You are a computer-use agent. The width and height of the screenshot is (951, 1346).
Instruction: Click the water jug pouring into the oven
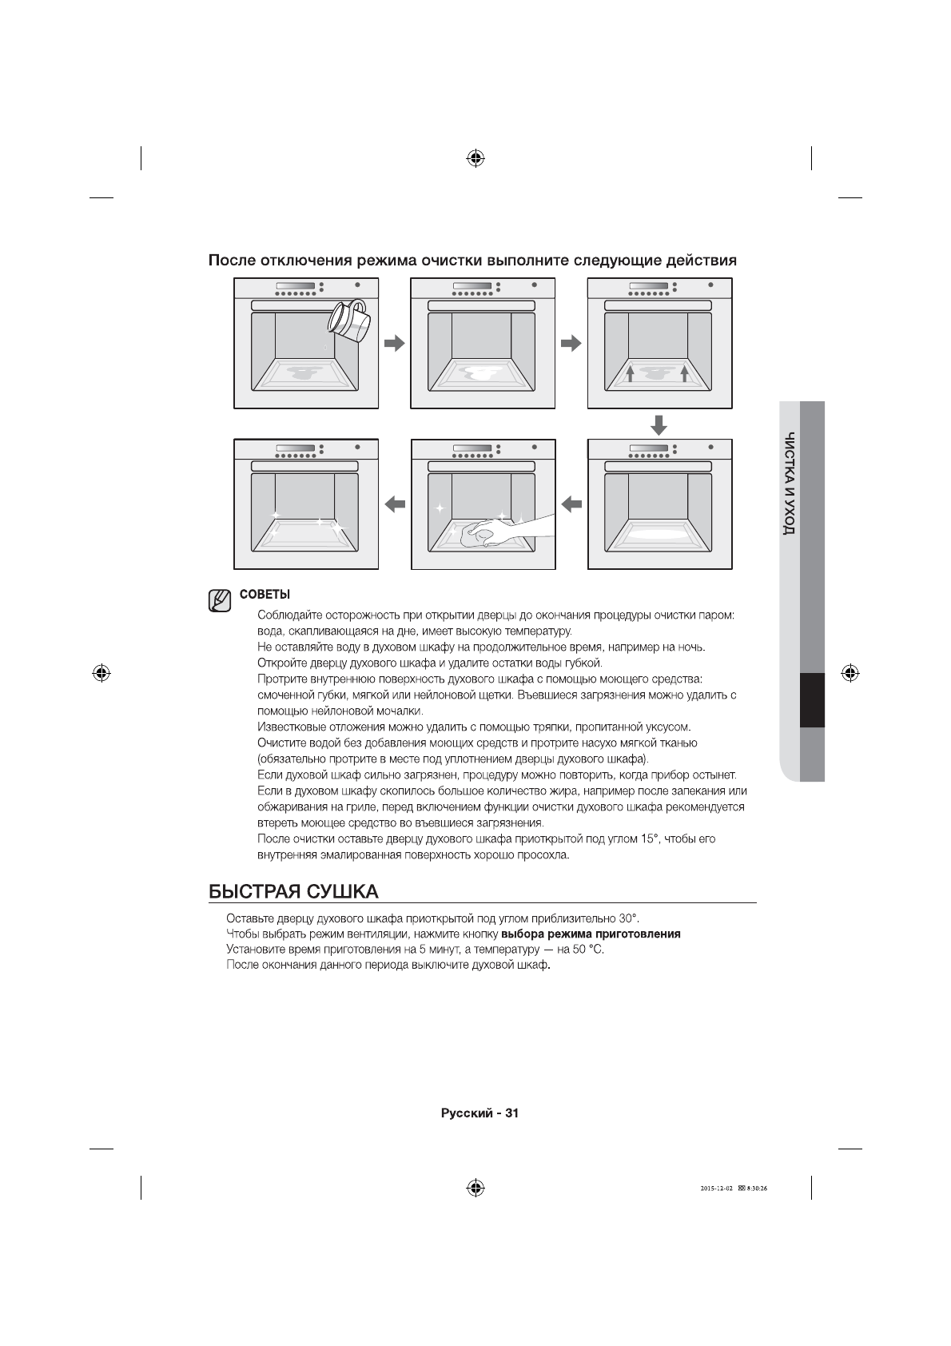point(349,321)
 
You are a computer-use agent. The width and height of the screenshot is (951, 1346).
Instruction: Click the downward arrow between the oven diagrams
point(659,424)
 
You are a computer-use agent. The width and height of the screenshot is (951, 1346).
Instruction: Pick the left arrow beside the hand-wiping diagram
point(571,504)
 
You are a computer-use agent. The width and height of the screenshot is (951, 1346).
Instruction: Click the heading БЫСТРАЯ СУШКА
point(292,891)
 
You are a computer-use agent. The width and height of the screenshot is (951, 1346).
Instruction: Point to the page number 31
point(512,1113)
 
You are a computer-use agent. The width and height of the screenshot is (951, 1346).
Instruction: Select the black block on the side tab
point(812,700)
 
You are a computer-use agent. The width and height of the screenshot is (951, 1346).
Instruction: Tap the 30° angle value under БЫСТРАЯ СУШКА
point(629,918)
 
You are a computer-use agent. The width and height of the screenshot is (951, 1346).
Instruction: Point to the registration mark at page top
point(475,157)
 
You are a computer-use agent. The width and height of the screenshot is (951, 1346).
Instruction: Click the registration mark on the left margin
point(101,672)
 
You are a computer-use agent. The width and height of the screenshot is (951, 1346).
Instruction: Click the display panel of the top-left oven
point(293,286)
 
